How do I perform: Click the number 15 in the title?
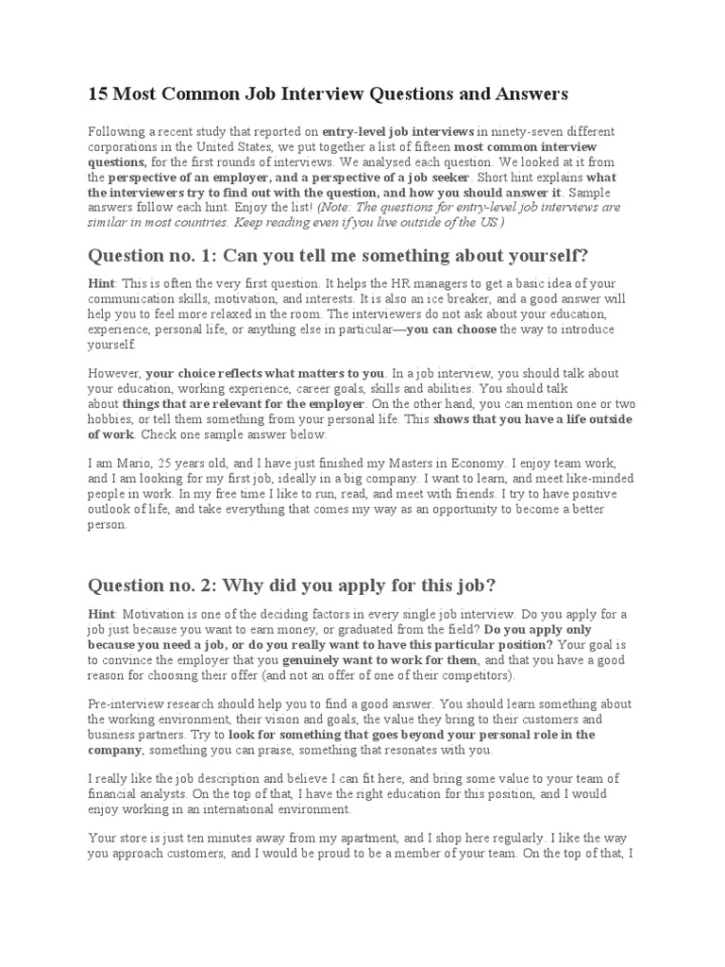click(96, 94)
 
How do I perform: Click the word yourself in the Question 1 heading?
click(551, 256)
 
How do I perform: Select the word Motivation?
click(157, 615)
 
